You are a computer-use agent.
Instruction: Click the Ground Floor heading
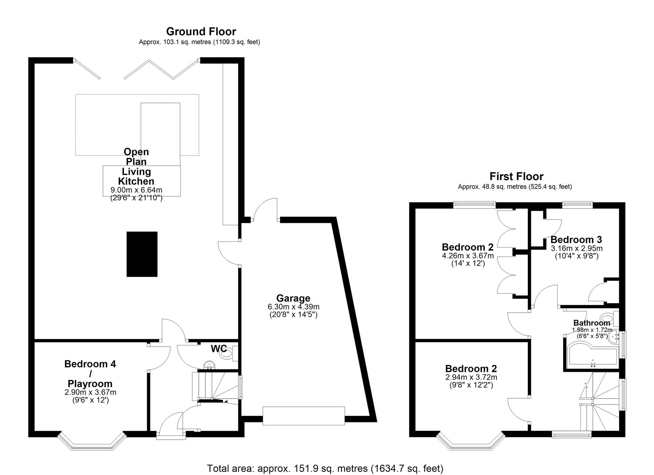pos(201,32)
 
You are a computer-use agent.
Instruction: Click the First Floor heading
pos(516,176)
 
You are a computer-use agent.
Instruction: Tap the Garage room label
pos(293,298)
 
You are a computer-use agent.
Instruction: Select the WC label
pos(219,349)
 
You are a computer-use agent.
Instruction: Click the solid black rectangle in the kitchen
pos(142,254)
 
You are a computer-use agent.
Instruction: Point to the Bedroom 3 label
pos(576,240)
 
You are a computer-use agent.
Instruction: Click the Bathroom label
pos(592,323)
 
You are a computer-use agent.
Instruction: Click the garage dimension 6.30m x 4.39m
pos(293,307)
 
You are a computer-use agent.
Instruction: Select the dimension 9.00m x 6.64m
pos(136,190)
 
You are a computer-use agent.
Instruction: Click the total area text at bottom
pos(325,468)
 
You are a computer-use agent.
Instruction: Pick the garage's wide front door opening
pos(303,416)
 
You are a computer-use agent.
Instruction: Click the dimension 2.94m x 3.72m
pos(471,377)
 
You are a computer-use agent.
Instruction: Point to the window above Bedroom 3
pos(577,205)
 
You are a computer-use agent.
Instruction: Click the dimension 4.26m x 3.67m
pos(468,256)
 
